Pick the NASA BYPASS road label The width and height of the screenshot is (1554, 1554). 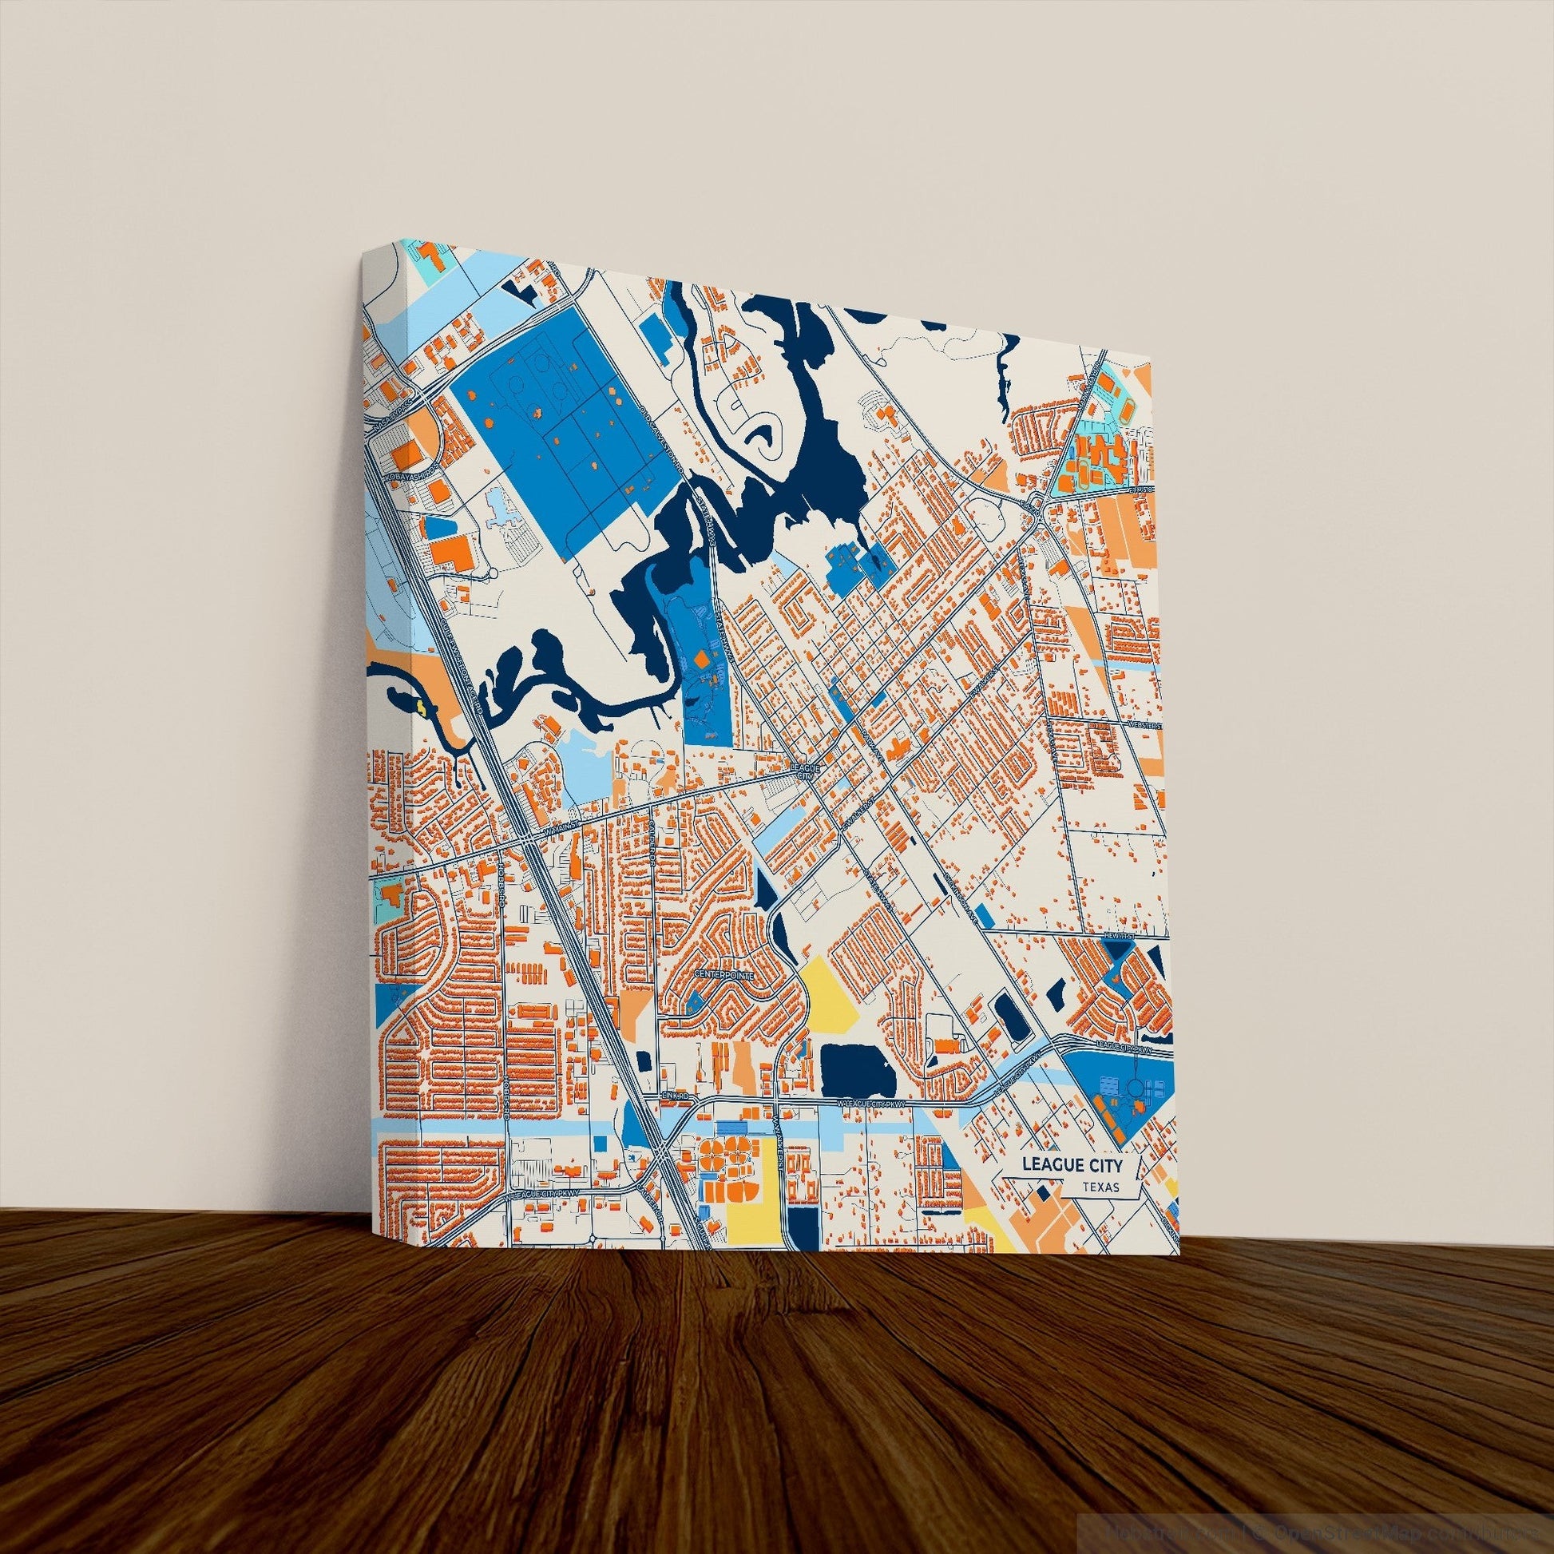[393, 400]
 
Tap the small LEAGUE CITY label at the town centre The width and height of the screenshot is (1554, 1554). [805, 772]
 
